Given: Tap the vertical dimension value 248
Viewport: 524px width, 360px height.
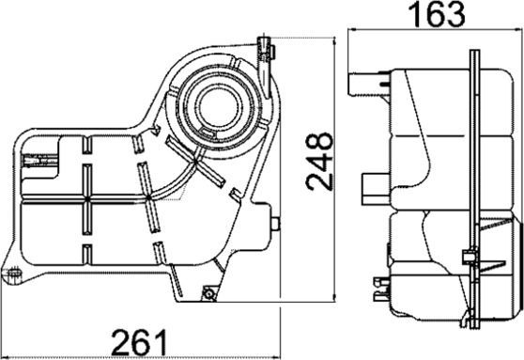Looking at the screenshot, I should pyautogui.click(x=321, y=161).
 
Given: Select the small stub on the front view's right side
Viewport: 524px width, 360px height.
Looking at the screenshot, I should pyautogui.click(x=276, y=224).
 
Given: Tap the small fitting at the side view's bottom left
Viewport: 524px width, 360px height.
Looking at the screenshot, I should pyautogui.click(x=378, y=285).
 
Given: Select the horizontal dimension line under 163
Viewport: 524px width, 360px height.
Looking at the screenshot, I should pyautogui.click(x=435, y=31).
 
